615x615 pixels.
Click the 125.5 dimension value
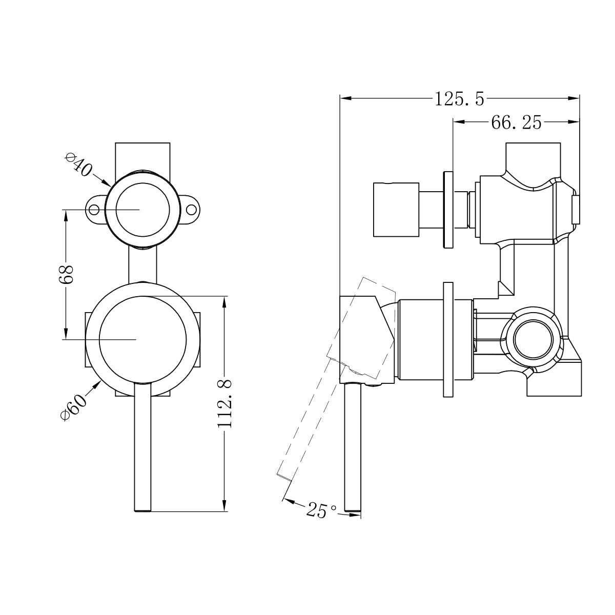(459, 98)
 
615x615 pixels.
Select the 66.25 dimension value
(516, 122)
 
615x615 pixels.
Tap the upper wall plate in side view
(448, 209)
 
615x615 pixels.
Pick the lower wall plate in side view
(447, 339)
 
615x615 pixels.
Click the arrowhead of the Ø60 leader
(97, 383)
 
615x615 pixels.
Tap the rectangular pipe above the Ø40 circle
(142, 155)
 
